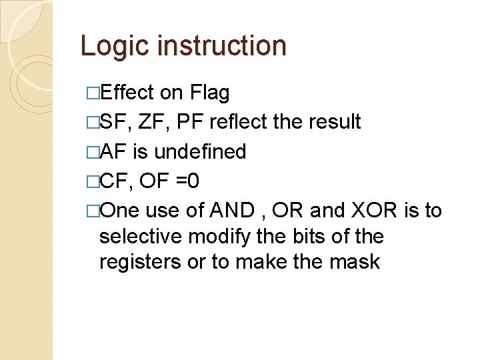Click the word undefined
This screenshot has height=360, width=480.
point(200,151)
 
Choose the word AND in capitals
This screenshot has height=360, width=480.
point(231,210)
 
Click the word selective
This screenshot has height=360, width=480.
point(141,236)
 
